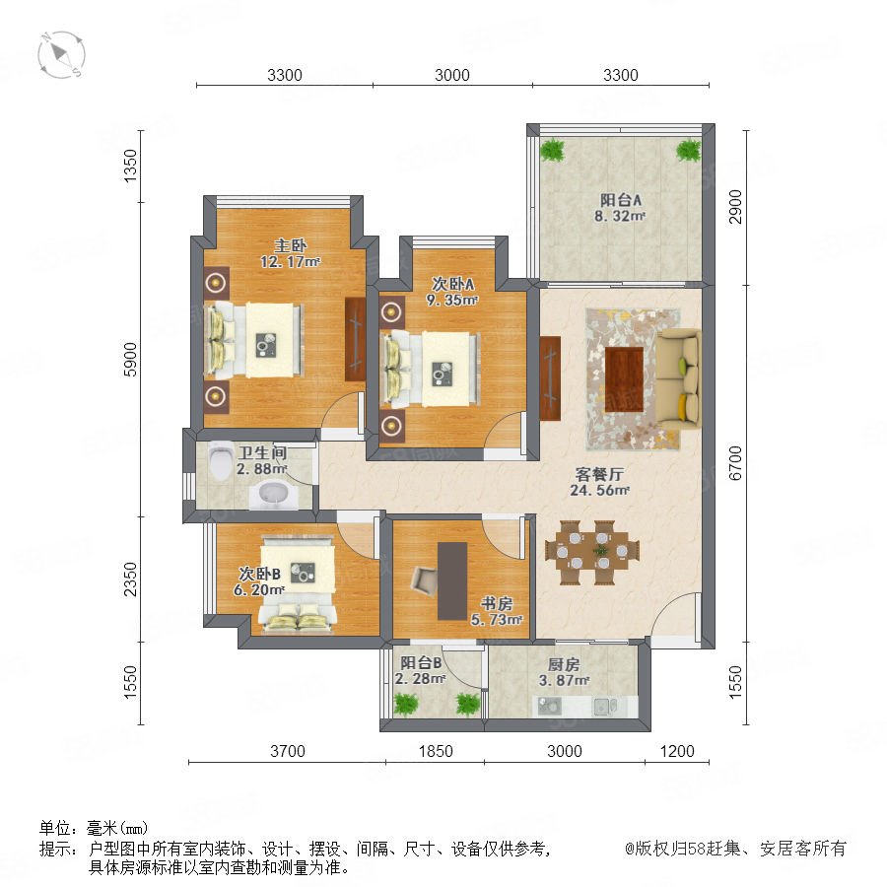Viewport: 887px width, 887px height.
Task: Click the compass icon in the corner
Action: pos(62,55)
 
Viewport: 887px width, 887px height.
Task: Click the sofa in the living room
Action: pos(679,379)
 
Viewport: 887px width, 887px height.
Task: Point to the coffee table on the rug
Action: pos(624,379)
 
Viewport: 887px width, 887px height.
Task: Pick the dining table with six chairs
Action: pos(593,552)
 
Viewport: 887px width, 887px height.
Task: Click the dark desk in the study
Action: pos(452,580)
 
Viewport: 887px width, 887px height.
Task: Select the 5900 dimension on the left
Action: pos(130,359)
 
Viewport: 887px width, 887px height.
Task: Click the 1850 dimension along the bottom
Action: pos(436,751)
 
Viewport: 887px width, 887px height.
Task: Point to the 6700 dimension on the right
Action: pos(735,463)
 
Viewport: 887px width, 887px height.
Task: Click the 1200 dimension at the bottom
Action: pos(677,751)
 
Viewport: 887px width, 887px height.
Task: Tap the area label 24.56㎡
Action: pos(599,491)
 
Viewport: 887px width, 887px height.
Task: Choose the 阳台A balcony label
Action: pos(621,200)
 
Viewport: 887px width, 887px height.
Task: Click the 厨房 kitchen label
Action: pos(564,664)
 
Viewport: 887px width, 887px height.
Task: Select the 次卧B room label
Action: pos(259,574)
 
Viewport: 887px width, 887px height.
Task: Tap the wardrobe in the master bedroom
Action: pos(355,339)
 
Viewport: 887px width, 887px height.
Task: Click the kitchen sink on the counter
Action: pos(603,706)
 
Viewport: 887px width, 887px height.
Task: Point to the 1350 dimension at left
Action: pos(130,166)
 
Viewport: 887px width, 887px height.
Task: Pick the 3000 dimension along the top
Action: pos(452,75)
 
